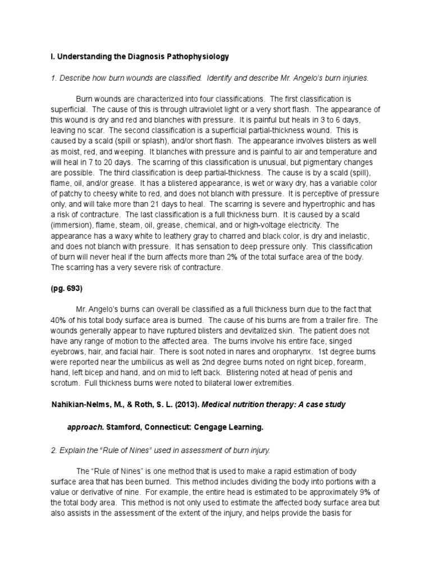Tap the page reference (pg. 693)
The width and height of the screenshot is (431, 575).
click(68, 289)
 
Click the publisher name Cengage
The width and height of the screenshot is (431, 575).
click(213, 427)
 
